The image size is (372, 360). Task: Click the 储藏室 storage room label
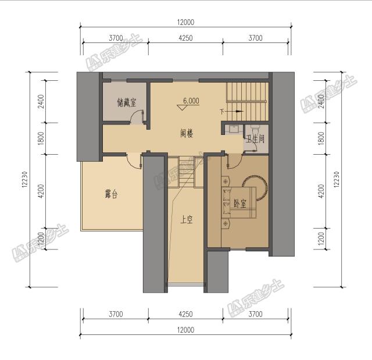pyautogui.click(x=126, y=103)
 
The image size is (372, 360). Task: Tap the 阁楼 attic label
pyautogui.click(x=187, y=133)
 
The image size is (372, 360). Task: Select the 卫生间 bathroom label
pyautogui.click(x=255, y=139)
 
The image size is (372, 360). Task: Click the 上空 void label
pyautogui.click(x=187, y=220)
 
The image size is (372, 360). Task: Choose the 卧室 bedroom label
pyautogui.click(x=239, y=204)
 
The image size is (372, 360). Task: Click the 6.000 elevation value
pyautogui.click(x=191, y=100)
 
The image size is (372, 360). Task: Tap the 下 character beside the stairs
pyautogui.click(x=221, y=112)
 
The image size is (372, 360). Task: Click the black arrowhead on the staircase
pyautogui.click(x=237, y=112)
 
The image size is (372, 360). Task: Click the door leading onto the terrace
pyautogui.click(x=134, y=161)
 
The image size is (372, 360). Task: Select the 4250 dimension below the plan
pyautogui.click(x=185, y=314)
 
